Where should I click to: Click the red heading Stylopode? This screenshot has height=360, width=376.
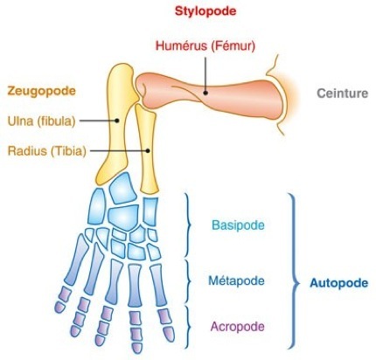[205, 11]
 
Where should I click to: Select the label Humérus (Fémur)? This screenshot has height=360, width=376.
[205, 46]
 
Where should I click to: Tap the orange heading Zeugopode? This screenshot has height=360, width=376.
[42, 91]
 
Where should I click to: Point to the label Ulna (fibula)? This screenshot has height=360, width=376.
[41, 121]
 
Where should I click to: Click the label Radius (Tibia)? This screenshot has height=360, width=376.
[46, 151]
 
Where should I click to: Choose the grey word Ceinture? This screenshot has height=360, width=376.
[343, 93]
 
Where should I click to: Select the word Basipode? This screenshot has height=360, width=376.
[238, 225]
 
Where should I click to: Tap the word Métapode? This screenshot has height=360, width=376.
[236, 280]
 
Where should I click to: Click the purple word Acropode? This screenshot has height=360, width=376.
[237, 327]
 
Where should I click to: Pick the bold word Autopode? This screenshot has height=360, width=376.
[338, 283]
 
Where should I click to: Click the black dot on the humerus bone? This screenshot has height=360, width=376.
[205, 93]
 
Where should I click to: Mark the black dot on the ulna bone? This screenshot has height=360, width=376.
[117, 121]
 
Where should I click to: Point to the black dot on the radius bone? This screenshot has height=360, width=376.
[148, 151]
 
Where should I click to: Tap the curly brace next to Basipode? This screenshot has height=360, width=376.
[188, 225]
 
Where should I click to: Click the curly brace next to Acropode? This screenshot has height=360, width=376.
[188, 327]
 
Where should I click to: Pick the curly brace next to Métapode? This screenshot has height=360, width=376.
[188, 280]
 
